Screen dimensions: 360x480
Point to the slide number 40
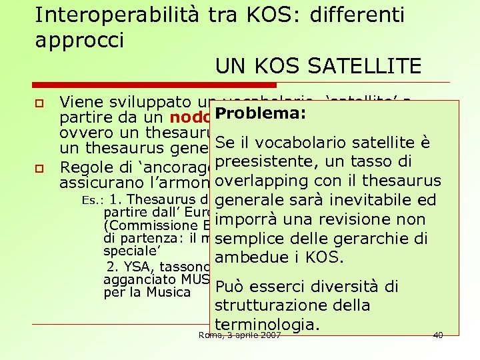(437, 335)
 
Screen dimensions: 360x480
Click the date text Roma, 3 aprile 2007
(240, 335)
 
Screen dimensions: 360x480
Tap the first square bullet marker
(40, 104)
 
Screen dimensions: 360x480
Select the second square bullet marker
(40, 167)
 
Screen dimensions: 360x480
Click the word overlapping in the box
(265, 181)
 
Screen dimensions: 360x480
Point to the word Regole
(84, 167)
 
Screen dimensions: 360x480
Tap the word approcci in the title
(79, 39)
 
